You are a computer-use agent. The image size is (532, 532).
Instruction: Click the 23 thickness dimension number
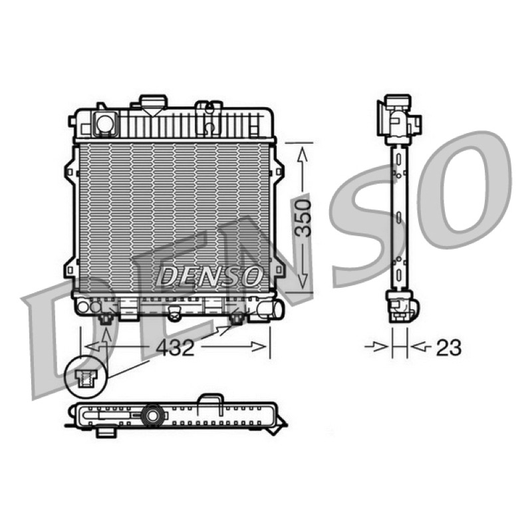448,347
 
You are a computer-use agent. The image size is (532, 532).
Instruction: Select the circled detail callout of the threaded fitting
86,377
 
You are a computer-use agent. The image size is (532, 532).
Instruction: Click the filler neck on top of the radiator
154,103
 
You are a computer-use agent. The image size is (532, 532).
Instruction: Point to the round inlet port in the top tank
105,123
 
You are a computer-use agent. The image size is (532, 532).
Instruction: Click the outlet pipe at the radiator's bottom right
271,309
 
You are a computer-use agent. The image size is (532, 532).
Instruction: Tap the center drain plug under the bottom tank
175,314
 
